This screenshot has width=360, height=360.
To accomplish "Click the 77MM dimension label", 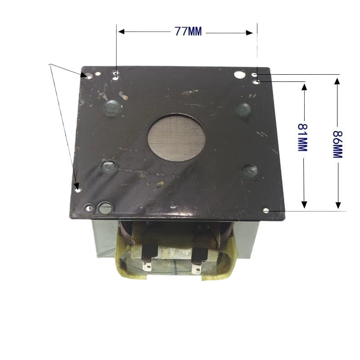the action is [188, 31].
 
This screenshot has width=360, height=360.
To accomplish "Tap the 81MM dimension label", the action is [302, 137].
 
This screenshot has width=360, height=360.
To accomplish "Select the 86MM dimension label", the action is [338, 144].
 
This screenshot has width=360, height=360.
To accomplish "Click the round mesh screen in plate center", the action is [176, 138].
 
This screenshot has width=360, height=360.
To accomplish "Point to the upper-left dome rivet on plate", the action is [112, 107].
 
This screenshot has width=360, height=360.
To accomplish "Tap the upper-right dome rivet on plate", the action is [243, 109].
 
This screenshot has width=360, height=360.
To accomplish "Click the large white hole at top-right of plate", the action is [239, 74].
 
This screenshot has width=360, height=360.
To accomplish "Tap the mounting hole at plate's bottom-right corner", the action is [266, 210].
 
